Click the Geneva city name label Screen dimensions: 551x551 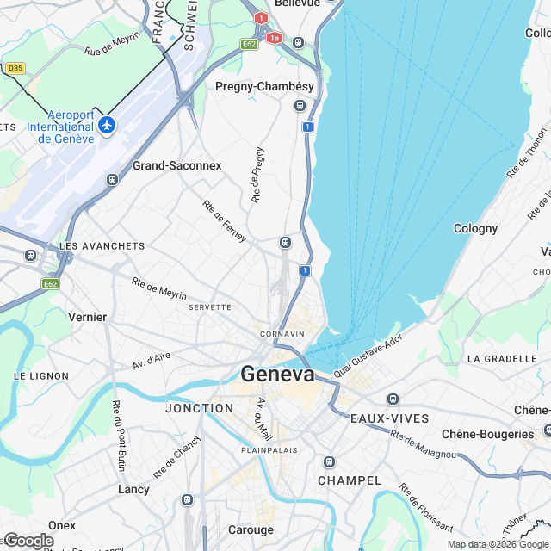[277, 375]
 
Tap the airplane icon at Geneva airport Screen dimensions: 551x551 [107, 126]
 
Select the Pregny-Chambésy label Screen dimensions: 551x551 [257, 87]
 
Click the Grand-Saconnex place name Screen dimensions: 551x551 [176, 165]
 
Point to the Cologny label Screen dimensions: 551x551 [475, 228]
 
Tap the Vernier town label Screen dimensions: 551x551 [88, 317]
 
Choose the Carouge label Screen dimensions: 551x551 [251, 529]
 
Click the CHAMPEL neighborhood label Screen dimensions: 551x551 [349, 480]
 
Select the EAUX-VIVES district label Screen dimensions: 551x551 [389, 418]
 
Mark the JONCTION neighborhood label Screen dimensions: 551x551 [199, 408]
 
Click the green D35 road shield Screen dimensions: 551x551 [15, 67]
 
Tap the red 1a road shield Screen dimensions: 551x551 [275, 38]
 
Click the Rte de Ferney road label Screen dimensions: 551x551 [225, 220]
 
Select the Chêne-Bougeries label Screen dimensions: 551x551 [487, 434]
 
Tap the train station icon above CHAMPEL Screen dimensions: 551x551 [328, 462]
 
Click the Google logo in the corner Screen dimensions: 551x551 [28, 540]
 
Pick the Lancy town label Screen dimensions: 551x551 [133, 489]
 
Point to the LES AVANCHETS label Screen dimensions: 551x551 [102, 246]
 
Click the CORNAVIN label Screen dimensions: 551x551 [284, 334]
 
